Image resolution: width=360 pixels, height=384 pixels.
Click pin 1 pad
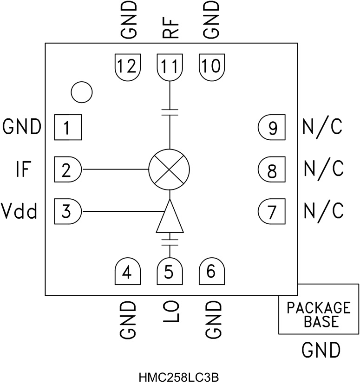68,127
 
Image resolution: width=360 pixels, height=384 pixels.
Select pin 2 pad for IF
68,169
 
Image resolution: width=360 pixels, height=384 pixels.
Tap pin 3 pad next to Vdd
68,212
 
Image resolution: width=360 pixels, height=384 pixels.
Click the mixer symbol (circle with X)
170,169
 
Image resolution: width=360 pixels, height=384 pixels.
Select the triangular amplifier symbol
170,218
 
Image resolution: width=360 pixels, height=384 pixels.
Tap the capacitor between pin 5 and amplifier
170,239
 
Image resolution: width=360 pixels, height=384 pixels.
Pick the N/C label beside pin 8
323,169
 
